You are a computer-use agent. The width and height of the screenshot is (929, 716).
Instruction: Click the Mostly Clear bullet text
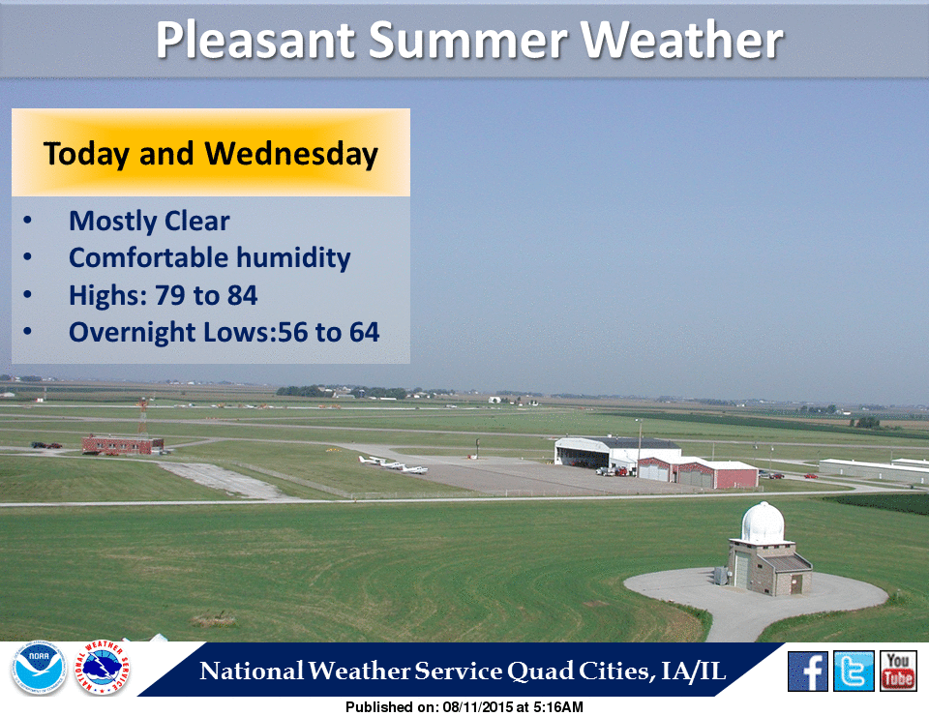(x=149, y=222)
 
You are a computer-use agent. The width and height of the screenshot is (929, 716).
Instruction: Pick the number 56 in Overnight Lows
(x=292, y=333)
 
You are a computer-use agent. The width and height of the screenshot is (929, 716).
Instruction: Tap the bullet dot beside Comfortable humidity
(x=27, y=258)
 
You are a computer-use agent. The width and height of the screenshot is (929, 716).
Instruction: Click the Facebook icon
(x=808, y=671)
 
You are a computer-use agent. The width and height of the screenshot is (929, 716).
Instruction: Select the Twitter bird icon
(x=854, y=671)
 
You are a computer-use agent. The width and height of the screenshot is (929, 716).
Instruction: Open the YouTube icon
(x=898, y=671)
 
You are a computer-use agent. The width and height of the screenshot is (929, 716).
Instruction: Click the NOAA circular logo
(x=38, y=669)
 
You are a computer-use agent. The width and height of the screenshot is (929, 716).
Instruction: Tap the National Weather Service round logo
(x=103, y=669)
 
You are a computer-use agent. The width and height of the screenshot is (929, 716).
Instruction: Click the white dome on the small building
(x=763, y=523)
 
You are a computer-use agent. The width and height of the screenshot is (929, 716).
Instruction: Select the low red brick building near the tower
(x=122, y=443)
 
